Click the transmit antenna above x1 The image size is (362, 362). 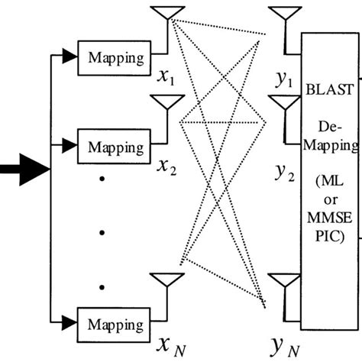169,14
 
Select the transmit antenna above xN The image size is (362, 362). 169,280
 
